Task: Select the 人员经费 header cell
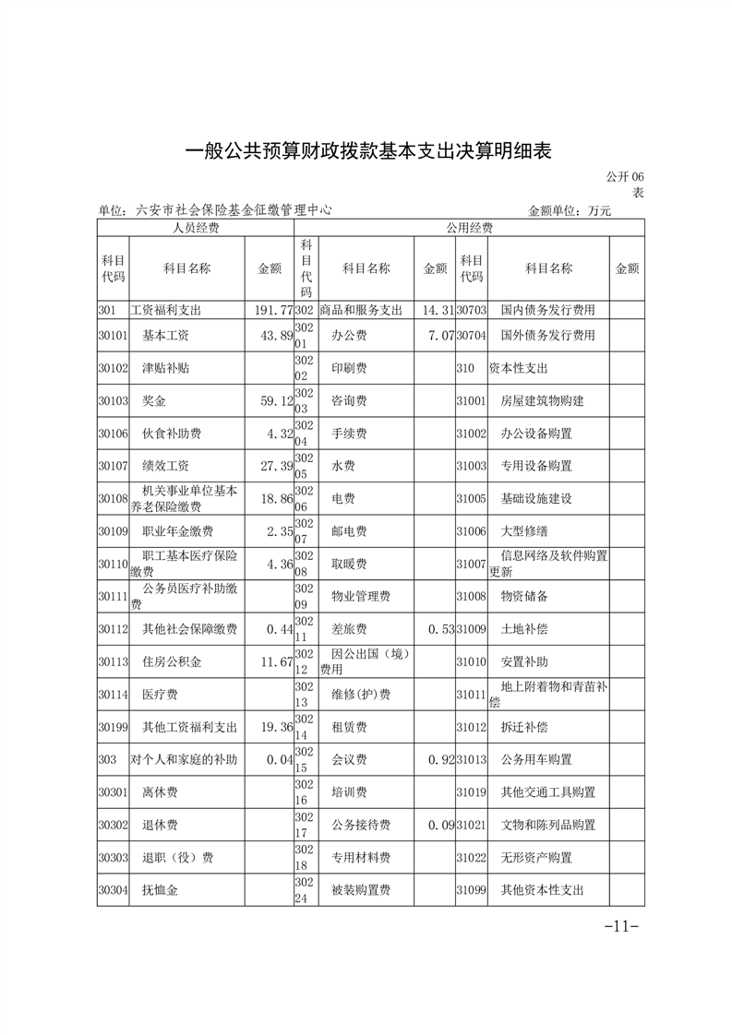pyautogui.click(x=196, y=227)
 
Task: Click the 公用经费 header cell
pyautogui.click(x=469, y=227)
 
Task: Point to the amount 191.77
pyautogui.click(x=273, y=310)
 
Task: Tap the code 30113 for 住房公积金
pyautogui.click(x=112, y=661)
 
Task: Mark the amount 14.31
pyautogui.click(x=436, y=310)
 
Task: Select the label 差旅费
pyautogui.click(x=349, y=629)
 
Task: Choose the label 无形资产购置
pyautogui.click(x=536, y=857)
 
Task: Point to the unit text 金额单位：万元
pyautogui.click(x=570, y=210)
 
